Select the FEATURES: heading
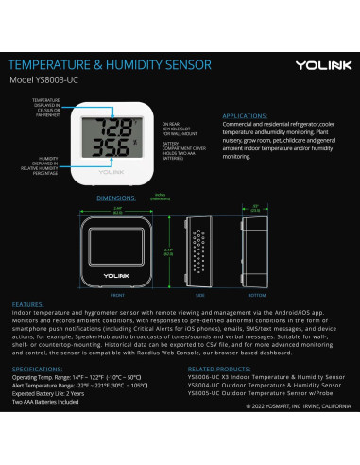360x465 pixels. (29, 305)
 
